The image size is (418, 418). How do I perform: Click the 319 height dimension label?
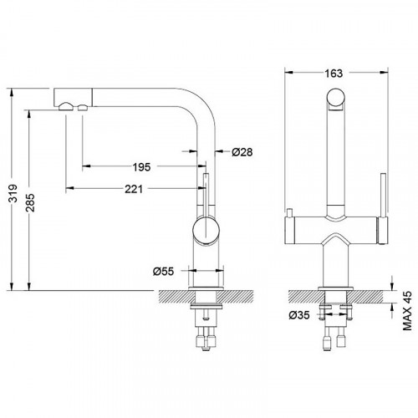(13, 193)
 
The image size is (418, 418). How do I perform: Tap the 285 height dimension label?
(30, 202)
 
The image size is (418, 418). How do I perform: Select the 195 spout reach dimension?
(141, 167)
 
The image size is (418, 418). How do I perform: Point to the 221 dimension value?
(134, 189)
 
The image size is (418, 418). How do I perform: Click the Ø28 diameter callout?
(242, 152)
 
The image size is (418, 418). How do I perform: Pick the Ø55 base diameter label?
(163, 271)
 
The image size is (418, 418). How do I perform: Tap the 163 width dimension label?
(334, 74)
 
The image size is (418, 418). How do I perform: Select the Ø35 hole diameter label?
(299, 315)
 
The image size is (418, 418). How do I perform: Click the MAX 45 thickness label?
(407, 311)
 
